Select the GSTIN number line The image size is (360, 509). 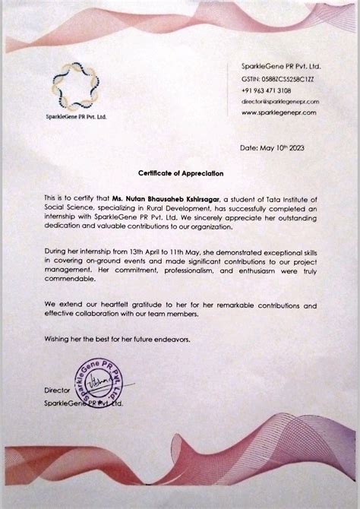pyautogui.click(x=270, y=78)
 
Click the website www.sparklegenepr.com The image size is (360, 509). pyautogui.click(x=279, y=112)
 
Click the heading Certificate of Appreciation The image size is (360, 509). pyautogui.click(x=179, y=174)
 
